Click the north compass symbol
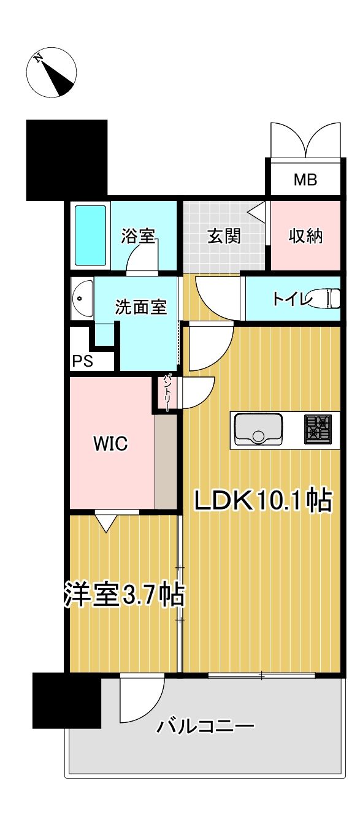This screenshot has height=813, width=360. point(52,73)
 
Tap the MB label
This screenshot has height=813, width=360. point(304,180)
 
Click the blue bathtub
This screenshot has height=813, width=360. point(90,235)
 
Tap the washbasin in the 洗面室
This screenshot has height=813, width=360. point(82,299)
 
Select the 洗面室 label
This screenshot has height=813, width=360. point(141,307)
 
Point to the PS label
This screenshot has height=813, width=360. point(83,361)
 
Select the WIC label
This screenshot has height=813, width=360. point(110,444)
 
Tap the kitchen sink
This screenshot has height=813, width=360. point(258,429)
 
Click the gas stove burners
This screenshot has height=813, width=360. point(318,428)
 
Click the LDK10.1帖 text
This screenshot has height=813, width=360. point(263,501)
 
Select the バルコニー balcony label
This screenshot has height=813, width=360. point(205,728)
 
